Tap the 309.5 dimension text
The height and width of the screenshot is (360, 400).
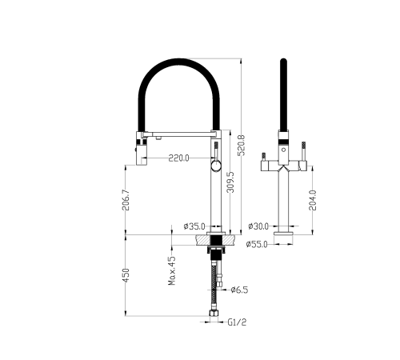(230, 184)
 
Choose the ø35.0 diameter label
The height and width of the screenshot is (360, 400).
(194, 226)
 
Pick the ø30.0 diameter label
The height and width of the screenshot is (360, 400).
(258, 226)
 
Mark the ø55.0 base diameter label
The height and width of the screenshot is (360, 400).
(258, 244)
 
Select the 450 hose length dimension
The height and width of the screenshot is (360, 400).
(125, 275)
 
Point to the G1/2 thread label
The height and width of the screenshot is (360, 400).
(236, 322)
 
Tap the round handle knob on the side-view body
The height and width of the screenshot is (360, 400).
(214, 166)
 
